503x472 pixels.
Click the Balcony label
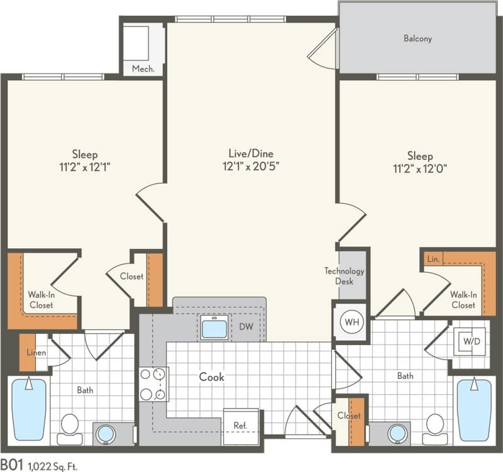click(417, 38)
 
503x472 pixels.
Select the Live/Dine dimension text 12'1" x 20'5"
click(251, 167)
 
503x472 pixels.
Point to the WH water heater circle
click(351, 322)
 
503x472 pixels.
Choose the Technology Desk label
click(344, 276)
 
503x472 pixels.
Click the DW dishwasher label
click(246, 327)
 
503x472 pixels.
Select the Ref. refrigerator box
click(240, 424)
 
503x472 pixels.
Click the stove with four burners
click(154, 384)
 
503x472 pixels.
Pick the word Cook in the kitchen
click(212, 377)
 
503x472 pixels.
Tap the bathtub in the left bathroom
click(29, 409)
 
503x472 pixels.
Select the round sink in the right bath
click(395, 433)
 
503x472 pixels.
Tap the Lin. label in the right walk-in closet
click(433, 258)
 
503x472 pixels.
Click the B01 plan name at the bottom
click(12, 465)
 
